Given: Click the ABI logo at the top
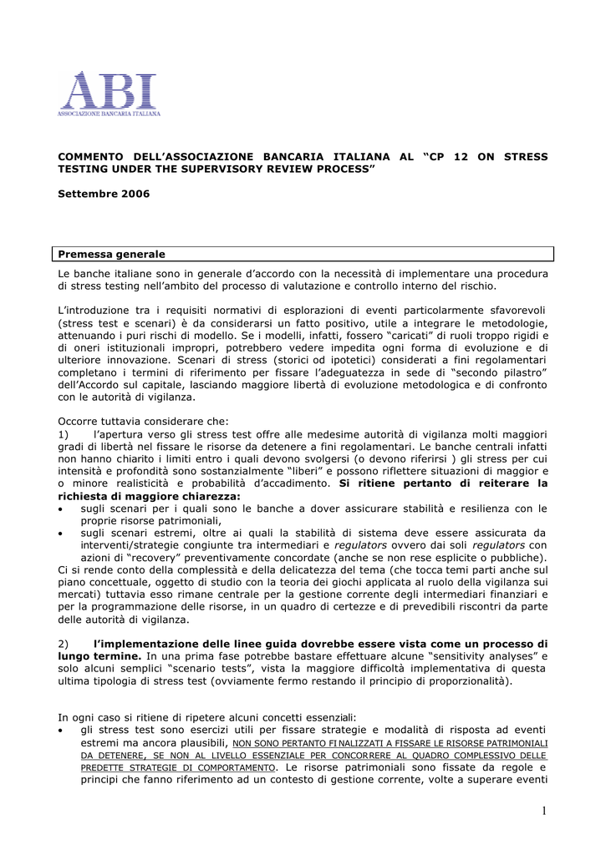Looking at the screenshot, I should [x=109, y=93].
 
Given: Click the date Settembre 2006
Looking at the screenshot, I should [x=104, y=194].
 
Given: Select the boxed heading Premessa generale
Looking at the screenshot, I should [x=112, y=254].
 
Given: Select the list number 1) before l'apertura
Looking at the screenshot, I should [x=64, y=434].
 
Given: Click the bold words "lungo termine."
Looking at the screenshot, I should [x=96, y=657].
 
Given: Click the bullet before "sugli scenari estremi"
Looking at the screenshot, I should [x=61, y=534].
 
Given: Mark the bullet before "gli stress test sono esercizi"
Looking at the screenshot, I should [x=61, y=730].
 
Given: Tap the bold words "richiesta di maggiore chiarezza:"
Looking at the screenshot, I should [x=149, y=496].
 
